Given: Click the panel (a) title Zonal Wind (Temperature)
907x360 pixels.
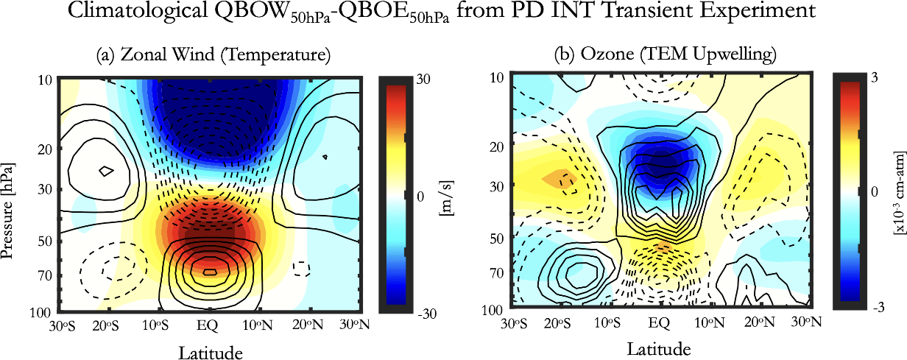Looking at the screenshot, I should [x=213, y=54].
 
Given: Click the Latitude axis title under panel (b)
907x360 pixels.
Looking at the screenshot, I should [x=659, y=347].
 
